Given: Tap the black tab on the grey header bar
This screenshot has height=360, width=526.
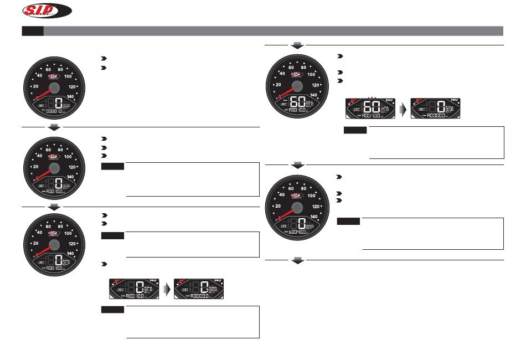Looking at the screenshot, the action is (x=32, y=30).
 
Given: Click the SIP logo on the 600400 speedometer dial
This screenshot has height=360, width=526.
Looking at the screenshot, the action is (x=297, y=196).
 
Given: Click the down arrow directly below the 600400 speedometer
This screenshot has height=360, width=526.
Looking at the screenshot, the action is (x=298, y=260).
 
